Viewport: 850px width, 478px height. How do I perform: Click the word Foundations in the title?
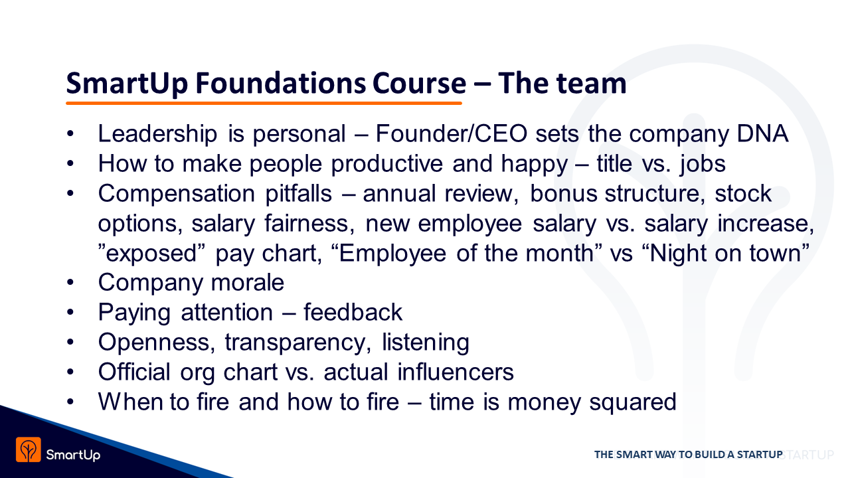[280, 83]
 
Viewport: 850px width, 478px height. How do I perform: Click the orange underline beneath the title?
[264, 103]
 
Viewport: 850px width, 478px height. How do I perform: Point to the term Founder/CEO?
[452, 133]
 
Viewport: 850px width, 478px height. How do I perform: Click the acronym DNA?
[763, 133]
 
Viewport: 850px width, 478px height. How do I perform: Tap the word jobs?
[703, 165]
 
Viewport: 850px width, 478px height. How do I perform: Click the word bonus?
[564, 193]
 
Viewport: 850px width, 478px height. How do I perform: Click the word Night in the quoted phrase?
[678, 253]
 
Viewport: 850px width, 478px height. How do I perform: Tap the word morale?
[248, 283]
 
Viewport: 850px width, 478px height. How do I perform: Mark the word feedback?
[353, 312]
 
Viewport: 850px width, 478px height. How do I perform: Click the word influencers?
[456, 372]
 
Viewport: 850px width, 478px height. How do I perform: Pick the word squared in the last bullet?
[633, 402]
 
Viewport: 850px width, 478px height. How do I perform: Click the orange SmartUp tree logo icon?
[29, 450]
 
